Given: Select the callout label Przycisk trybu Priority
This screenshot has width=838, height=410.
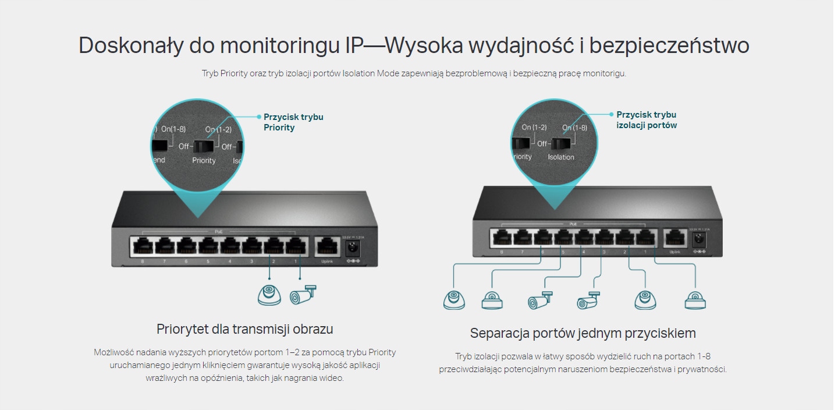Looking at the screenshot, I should (x=293, y=122).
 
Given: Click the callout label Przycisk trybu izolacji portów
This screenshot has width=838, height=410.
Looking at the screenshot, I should (x=647, y=120).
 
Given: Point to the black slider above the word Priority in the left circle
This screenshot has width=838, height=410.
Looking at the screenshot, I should (x=204, y=146).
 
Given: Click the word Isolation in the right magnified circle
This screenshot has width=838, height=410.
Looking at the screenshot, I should (x=561, y=157).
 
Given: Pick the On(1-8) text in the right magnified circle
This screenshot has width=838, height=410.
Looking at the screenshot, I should (x=574, y=128).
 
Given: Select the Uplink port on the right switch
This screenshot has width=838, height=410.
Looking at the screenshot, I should (x=674, y=237).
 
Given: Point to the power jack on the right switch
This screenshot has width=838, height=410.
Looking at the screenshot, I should (x=697, y=239).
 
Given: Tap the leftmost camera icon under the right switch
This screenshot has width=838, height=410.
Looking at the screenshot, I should (x=454, y=300).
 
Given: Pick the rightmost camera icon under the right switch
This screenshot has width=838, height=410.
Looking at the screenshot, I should (x=695, y=300).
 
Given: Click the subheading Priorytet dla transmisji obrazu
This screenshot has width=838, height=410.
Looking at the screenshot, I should (x=244, y=329).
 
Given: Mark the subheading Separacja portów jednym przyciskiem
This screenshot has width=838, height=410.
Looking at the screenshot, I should (x=583, y=334).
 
